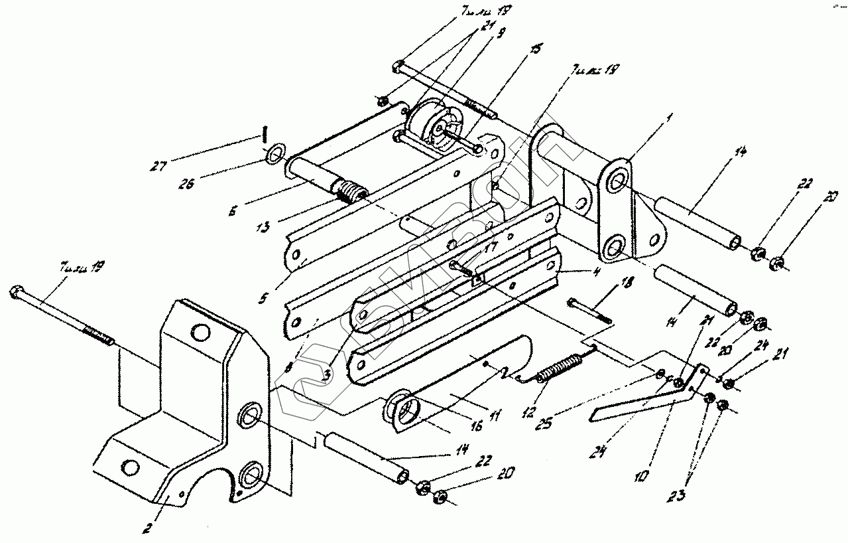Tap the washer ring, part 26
(x=275, y=156)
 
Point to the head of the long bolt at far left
(x=15, y=291)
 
